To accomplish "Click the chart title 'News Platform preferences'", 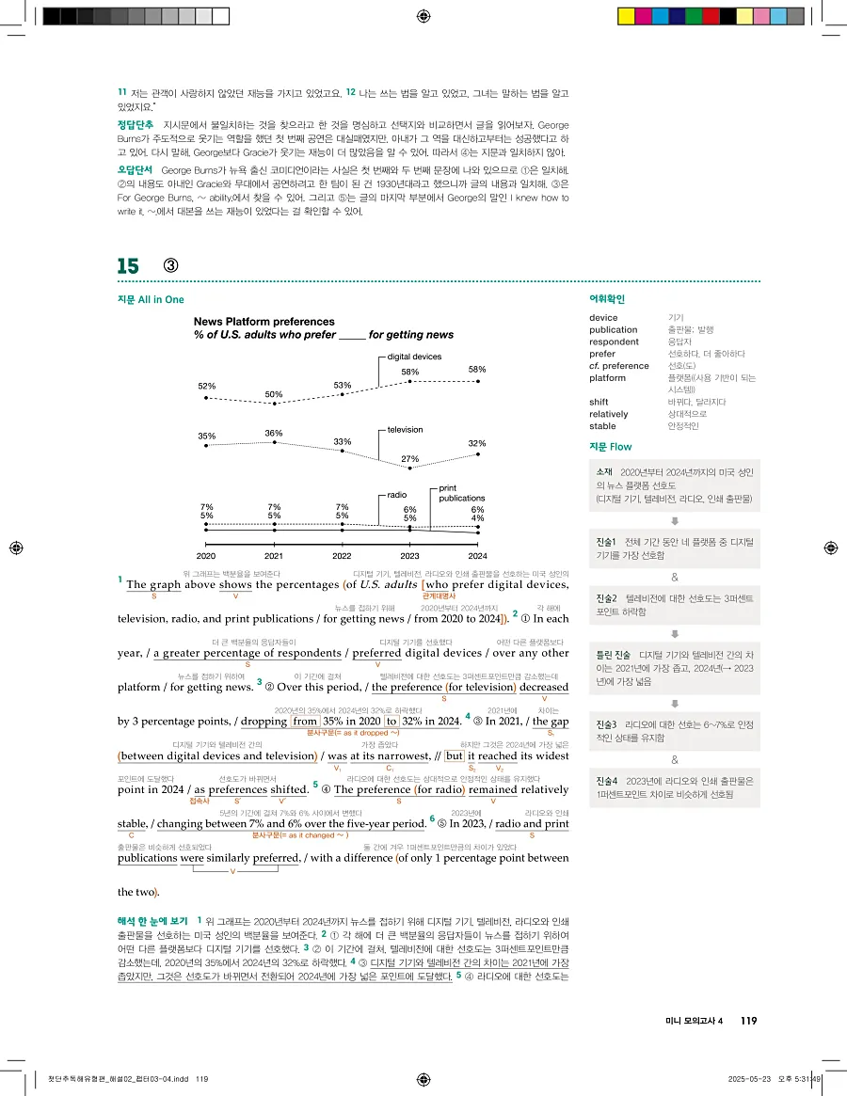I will [x=257, y=322].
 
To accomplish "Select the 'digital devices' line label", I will [x=414, y=357].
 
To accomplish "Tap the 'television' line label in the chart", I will [x=405, y=430].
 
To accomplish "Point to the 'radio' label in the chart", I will [x=396, y=494].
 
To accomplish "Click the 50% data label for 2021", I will [x=274, y=394].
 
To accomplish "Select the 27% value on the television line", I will [x=409, y=458].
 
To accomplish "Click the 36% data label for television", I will [x=274, y=433].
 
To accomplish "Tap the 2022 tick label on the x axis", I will [x=342, y=556].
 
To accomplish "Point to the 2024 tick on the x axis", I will [x=477, y=556].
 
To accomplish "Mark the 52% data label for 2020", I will [x=206, y=386].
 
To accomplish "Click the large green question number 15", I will [x=128, y=266].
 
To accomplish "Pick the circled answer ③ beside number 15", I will [x=171, y=266].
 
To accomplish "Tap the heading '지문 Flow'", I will [x=611, y=447].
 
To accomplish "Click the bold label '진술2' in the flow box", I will [x=607, y=598].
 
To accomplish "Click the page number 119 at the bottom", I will [x=748, y=1022].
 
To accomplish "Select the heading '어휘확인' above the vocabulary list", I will [x=607, y=299].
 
